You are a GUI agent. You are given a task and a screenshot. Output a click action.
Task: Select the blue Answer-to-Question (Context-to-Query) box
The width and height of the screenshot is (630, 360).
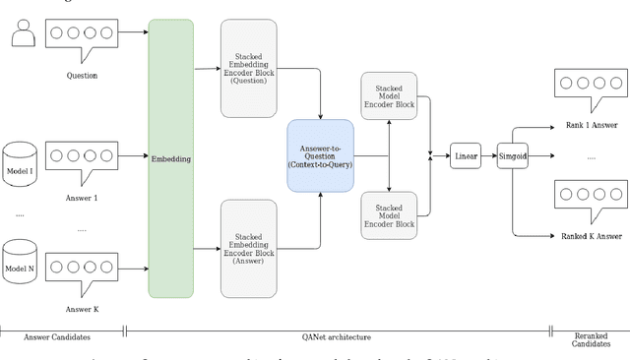pyautogui.click(x=319, y=155)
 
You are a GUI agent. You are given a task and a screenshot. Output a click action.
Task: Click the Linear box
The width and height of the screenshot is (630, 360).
pyautogui.click(x=465, y=155)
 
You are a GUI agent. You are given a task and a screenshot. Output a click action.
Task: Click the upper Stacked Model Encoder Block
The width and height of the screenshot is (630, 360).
pyautogui.click(x=390, y=96)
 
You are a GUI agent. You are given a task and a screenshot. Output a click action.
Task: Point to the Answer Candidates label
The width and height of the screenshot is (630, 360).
pyautogui.click(x=61, y=336)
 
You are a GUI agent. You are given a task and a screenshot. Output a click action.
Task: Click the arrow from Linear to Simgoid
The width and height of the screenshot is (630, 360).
pyautogui.click(x=489, y=155)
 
